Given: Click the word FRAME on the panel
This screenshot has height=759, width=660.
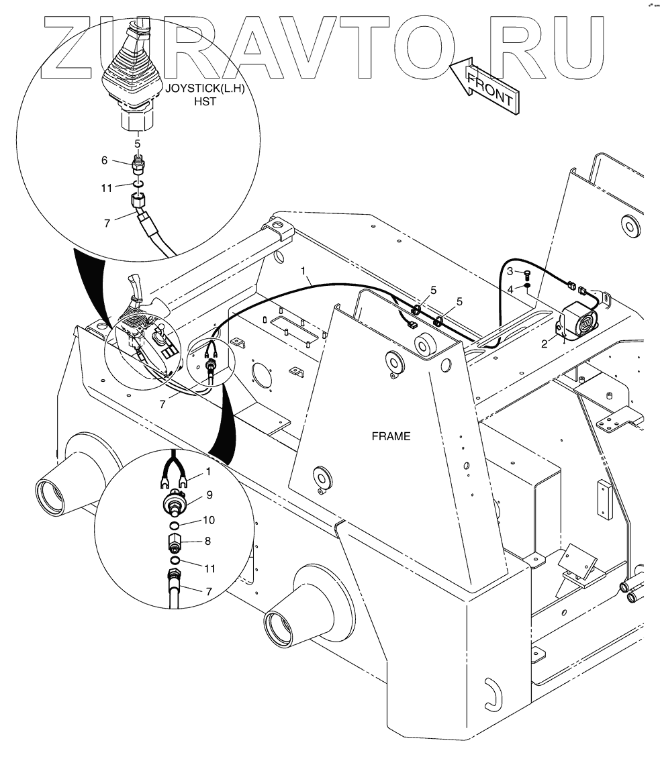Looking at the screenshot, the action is click(x=391, y=436).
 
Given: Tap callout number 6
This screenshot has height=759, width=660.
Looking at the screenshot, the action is click(x=104, y=160).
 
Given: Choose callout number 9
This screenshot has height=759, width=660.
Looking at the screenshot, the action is click(x=209, y=495).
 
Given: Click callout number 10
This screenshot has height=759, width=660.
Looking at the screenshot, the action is click(x=209, y=520).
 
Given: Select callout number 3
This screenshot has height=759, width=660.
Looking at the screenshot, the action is click(x=510, y=271).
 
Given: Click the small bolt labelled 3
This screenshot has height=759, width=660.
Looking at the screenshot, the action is click(x=526, y=273).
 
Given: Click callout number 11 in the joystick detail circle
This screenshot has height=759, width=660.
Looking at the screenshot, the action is click(x=106, y=188).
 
